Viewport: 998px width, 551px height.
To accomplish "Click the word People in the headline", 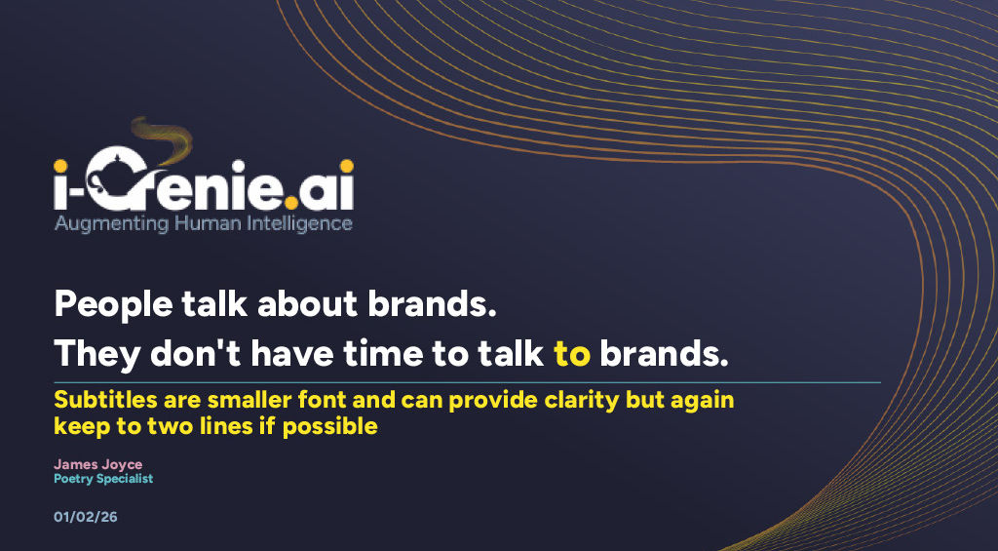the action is [113, 304].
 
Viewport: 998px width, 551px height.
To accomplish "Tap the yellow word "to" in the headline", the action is [571, 354].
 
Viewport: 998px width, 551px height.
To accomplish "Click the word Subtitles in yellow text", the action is [105, 400].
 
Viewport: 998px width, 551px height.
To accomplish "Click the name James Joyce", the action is [98, 465].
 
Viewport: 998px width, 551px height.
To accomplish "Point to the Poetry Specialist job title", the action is [103, 479].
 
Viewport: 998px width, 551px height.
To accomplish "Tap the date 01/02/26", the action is [86, 517].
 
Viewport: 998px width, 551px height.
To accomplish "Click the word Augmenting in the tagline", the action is [111, 224].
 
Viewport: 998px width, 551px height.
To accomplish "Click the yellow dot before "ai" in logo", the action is [291, 203].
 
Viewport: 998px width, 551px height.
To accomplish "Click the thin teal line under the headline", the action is [467, 383].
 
